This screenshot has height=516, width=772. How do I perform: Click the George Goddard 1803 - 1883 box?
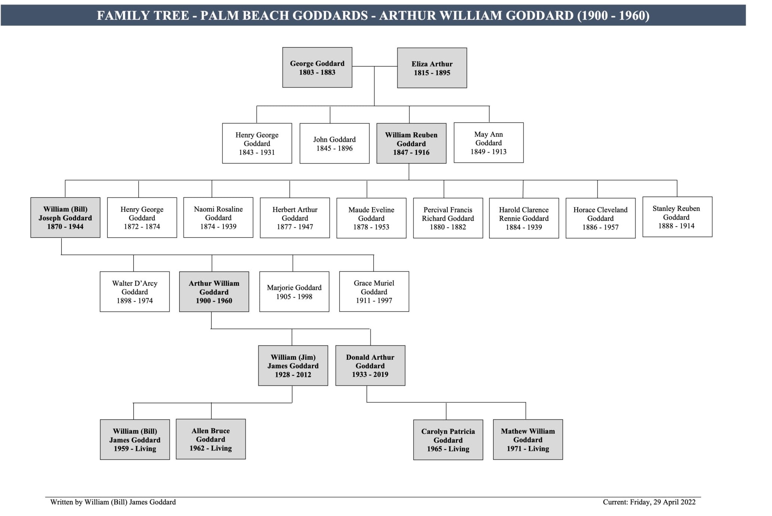tap(317, 67)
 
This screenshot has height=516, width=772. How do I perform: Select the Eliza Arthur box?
tap(432, 68)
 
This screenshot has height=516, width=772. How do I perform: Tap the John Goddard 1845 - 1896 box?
tap(334, 143)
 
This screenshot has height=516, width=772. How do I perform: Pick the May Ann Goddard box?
tap(488, 142)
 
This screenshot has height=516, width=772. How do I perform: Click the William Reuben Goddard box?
tap(411, 143)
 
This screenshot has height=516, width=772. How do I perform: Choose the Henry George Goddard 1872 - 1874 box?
tap(142, 217)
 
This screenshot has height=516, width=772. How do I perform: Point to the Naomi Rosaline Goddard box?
tap(218, 217)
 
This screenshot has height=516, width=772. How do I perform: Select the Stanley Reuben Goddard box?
tap(677, 216)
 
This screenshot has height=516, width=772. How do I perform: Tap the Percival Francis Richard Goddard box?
tap(448, 218)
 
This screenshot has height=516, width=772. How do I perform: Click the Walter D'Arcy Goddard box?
tap(135, 291)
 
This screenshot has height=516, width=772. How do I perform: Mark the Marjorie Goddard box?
tap(294, 291)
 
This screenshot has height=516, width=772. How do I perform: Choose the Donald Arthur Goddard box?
tap(370, 365)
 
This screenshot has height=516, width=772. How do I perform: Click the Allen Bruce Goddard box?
tap(210, 439)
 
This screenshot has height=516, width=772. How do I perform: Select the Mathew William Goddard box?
tap(528, 439)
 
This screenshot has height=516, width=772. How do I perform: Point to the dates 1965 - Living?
tap(448, 449)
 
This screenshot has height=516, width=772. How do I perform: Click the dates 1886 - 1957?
tap(600, 227)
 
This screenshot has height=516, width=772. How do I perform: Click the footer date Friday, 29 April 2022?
tap(663, 502)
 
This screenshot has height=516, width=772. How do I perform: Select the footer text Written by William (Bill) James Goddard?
tap(113, 502)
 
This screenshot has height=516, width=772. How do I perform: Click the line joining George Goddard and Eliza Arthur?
tap(374, 67)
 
